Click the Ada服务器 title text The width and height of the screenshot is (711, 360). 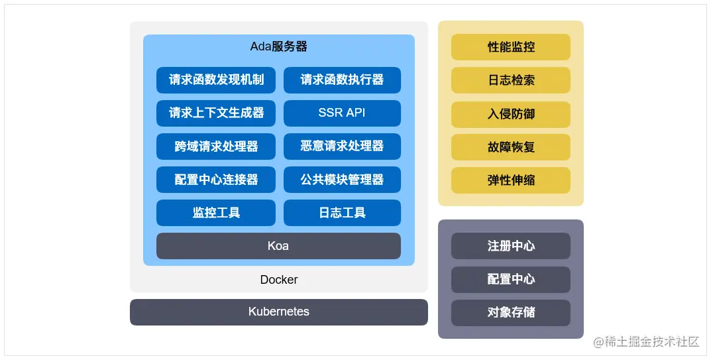[x=278, y=46]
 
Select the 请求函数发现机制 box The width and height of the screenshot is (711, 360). [x=216, y=80]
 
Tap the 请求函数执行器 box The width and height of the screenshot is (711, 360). [x=342, y=80]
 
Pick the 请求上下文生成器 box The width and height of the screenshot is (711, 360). [x=216, y=113]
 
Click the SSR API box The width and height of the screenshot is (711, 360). [x=342, y=113]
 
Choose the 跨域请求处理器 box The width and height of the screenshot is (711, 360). [x=216, y=146]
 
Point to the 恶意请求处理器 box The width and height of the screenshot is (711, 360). [x=342, y=146]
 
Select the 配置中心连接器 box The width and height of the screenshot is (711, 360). [x=216, y=179]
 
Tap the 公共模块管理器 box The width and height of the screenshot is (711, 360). [x=342, y=179]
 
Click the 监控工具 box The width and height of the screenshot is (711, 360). [x=216, y=212]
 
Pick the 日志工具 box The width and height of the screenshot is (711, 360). [x=342, y=212]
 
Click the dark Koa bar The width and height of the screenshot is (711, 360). [x=278, y=246]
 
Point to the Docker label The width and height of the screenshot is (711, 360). [x=279, y=280]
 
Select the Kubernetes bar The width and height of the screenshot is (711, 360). [x=278, y=312]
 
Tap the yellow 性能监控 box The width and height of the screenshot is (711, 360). [x=511, y=47]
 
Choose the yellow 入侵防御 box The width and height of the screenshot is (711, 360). [x=511, y=114]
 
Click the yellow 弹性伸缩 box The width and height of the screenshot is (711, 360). [x=511, y=180]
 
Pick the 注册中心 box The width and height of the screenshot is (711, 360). [x=511, y=246]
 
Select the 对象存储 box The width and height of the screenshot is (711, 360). [x=511, y=312]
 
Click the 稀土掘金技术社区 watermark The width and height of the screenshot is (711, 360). [x=646, y=342]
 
